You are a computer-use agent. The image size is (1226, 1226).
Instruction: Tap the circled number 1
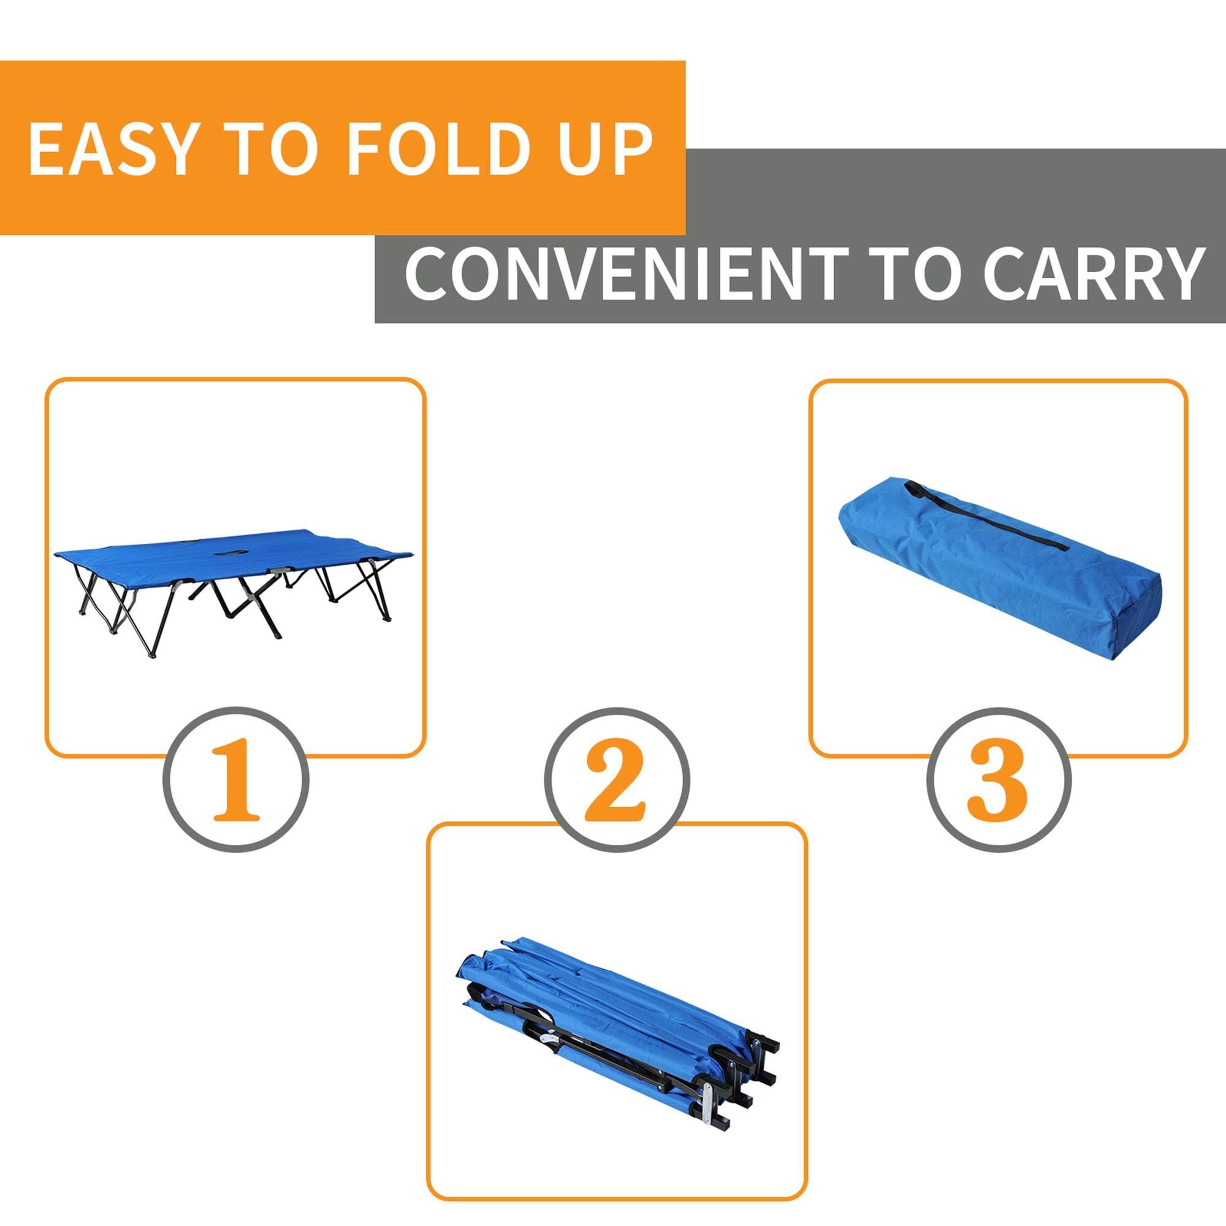236,780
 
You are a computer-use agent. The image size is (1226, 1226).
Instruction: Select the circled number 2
617,780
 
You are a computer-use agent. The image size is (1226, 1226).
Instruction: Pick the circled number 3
998,780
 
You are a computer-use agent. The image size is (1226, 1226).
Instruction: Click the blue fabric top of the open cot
191,546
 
